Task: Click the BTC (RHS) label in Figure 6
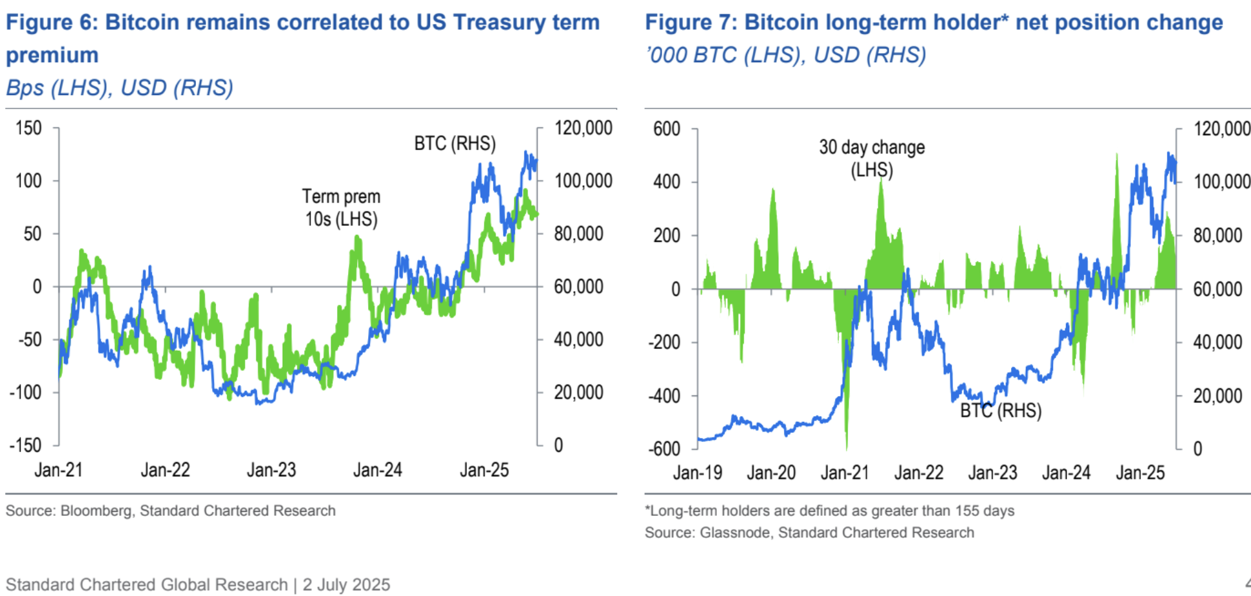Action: point(455,143)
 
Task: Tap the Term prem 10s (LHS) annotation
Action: point(341,208)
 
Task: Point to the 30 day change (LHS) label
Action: point(871,158)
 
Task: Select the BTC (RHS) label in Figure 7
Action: point(1000,410)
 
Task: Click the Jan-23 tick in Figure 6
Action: point(271,470)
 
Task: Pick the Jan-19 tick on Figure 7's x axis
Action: point(697,472)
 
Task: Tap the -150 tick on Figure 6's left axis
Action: point(25,445)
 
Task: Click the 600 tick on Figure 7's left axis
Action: point(666,129)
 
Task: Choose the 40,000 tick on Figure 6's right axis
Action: point(578,339)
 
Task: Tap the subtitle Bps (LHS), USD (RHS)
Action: point(120,87)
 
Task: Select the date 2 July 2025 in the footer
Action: point(346,584)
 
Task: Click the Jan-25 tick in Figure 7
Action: point(1140,472)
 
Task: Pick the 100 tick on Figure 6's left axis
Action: point(28,181)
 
